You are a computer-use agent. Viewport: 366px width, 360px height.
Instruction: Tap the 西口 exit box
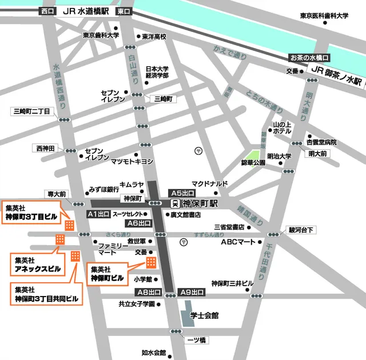pos(46,11)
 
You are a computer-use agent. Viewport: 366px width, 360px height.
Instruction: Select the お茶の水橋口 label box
pos(309,58)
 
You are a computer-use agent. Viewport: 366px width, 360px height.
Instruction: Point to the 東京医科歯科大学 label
pos(324,16)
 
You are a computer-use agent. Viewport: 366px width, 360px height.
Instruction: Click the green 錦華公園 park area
pos(252,155)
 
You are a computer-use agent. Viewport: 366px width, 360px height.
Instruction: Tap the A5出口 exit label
pos(182,193)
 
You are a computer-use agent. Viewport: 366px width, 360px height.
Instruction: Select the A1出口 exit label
pos(98,214)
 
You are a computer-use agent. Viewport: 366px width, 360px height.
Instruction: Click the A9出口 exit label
pos(192,292)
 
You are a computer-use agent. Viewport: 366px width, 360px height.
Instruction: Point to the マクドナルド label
pos(209,184)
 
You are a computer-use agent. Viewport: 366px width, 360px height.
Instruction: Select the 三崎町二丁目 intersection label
pos(31,110)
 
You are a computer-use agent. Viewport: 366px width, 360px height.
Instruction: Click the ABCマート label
pos(238,242)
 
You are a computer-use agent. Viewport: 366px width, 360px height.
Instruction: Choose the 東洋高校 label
pos(154,37)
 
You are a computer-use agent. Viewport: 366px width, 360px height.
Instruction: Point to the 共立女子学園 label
pos(137,304)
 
